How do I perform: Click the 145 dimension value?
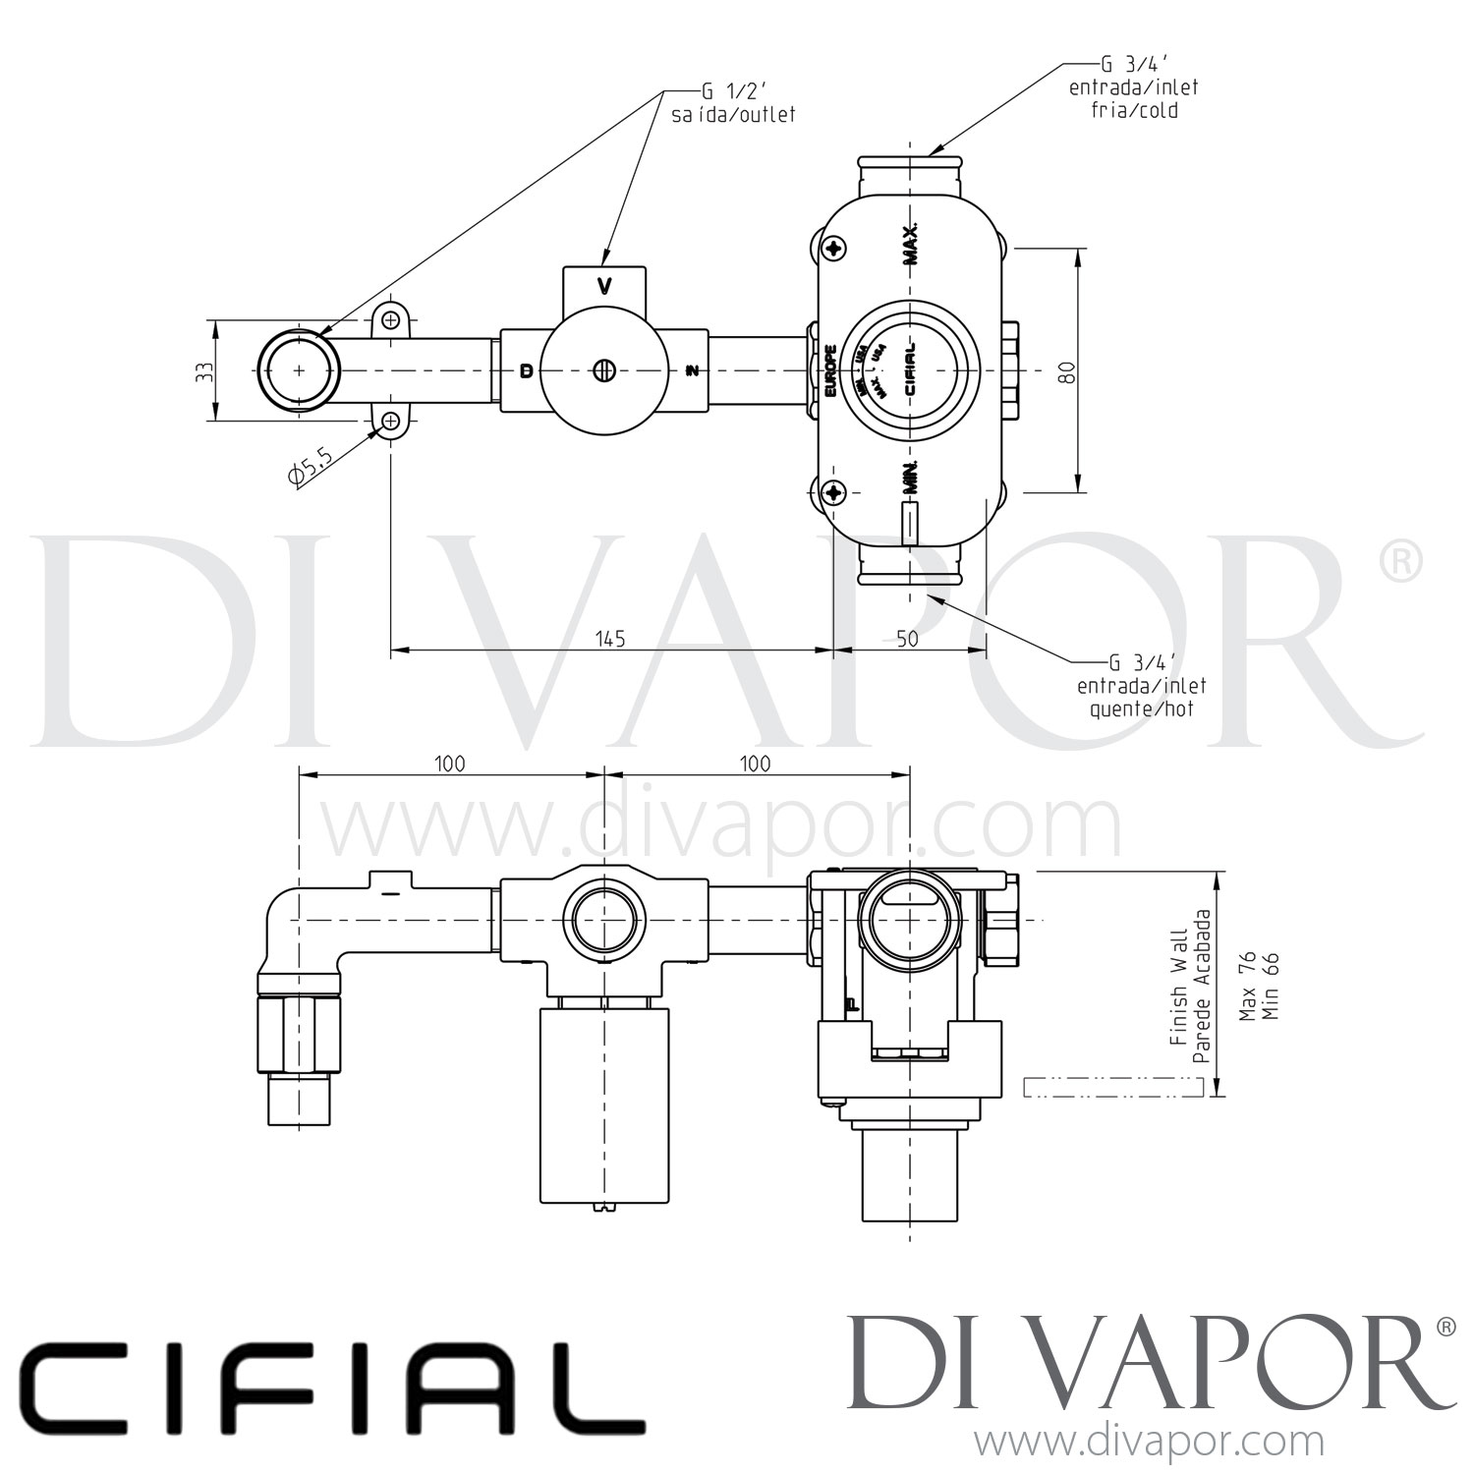click(x=609, y=639)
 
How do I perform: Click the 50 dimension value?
click(x=907, y=639)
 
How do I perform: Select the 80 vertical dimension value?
click(x=1068, y=371)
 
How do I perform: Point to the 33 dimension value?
click(x=204, y=371)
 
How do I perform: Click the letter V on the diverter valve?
click(x=605, y=287)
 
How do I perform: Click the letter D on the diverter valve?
click(x=527, y=370)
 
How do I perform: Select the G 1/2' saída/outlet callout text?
click(x=733, y=104)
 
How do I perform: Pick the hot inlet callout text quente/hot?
click(x=1141, y=708)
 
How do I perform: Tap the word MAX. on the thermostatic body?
click(x=911, y=243)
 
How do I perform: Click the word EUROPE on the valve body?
click(x=830, y=370)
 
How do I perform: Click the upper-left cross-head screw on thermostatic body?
click(x=836, y=249)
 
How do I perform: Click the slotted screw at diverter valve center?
click(x=604, y=370)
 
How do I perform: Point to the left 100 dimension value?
click(x=449, y=764)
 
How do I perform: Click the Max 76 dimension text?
click(x=1247, y=986)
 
